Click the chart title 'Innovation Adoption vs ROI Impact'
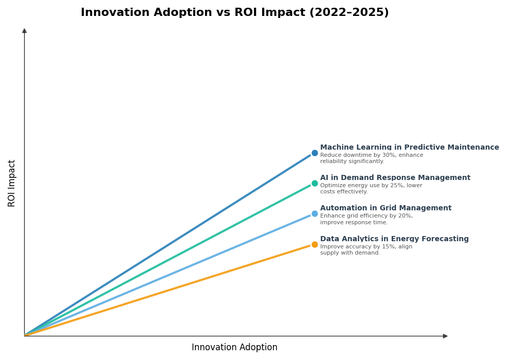(193, 13)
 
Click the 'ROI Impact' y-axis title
(12, 183)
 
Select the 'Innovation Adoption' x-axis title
(234, 348)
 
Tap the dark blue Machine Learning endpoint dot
(315, 153)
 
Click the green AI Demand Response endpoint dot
(315, 183)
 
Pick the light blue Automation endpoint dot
(315, 213)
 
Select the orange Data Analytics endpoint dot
(315, 244)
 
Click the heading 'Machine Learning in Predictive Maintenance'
(409, 148)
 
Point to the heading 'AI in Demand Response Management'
(395, 178)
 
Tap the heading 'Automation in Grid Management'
(385, 208)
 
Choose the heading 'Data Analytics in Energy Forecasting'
(394, 239)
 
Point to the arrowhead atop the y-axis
(24, 31)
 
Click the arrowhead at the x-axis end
(445, 336)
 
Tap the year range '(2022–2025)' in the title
(348, 13)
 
